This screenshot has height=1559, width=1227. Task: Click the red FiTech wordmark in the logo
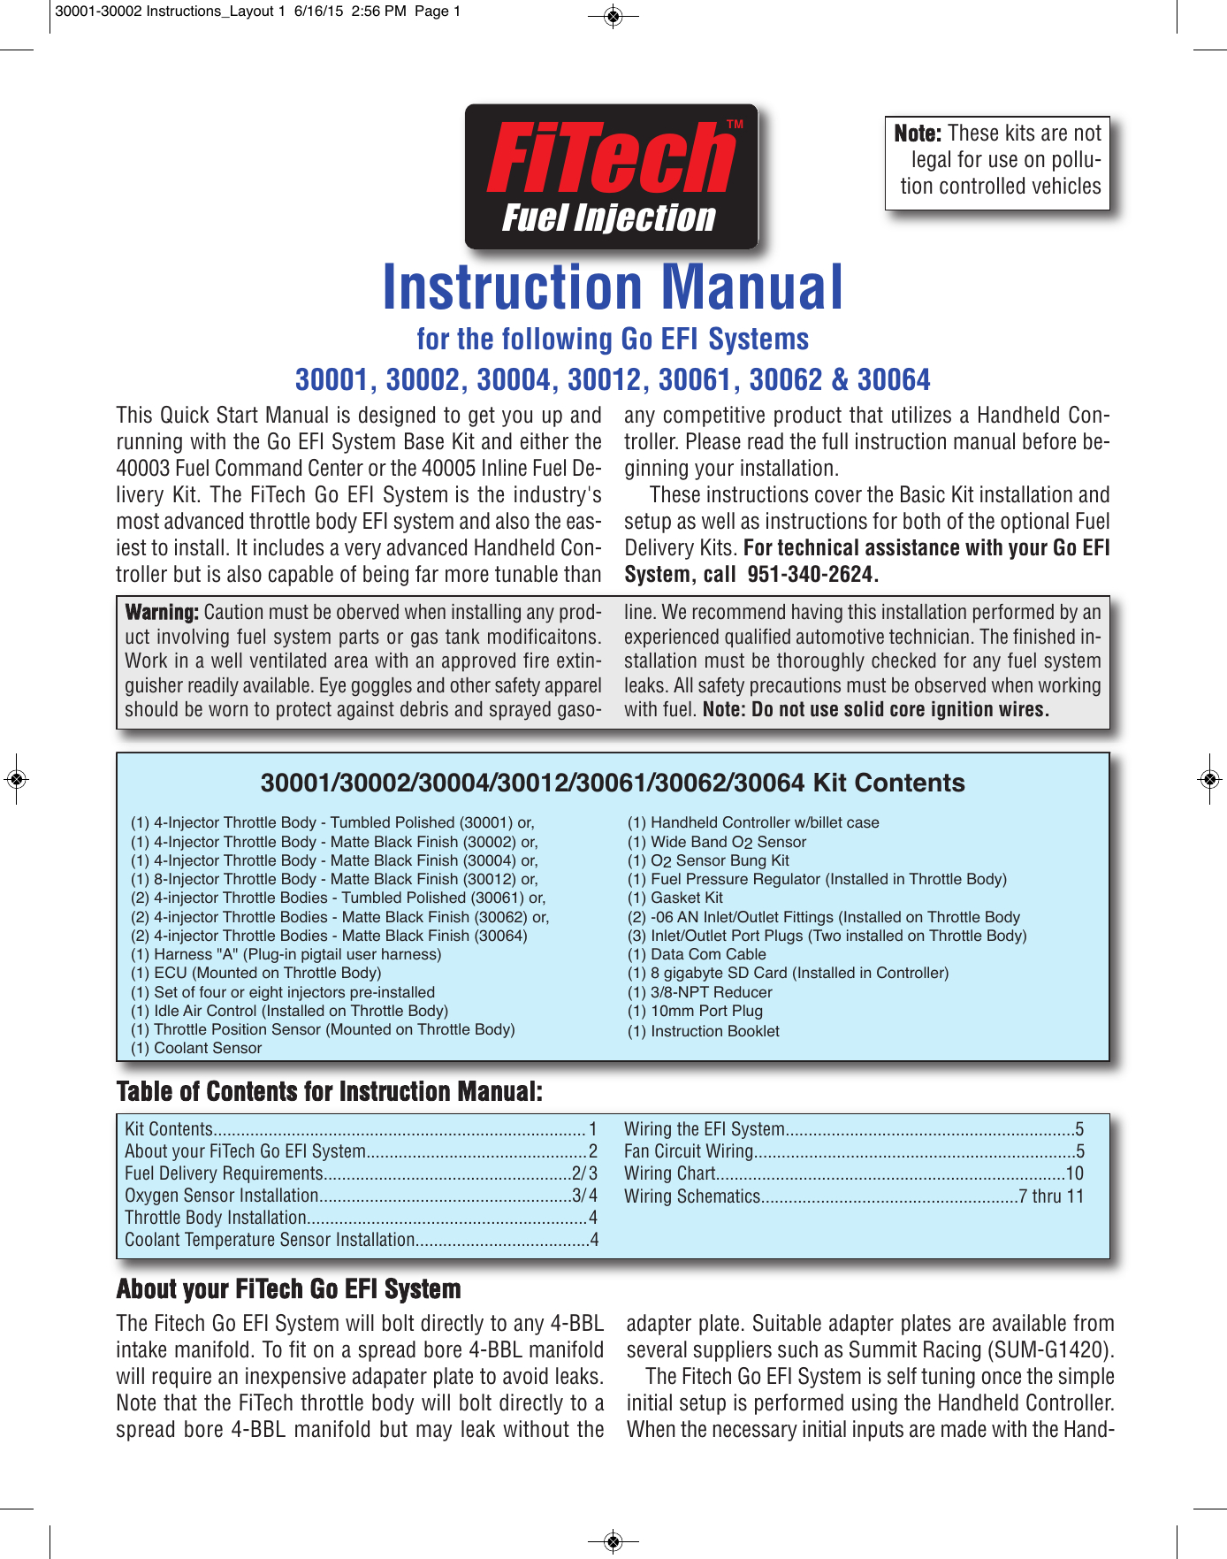click(610, 158)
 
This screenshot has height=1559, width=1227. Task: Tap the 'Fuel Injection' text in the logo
click(608, 218)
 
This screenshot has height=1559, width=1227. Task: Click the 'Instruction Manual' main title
click(613, 287)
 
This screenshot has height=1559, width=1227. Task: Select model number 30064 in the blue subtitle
click(894, 379)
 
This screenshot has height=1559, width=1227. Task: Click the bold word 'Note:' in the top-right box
click(918, 134)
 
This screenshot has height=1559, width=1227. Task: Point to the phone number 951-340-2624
click(811, 575)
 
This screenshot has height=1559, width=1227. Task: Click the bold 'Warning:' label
click(162, 612)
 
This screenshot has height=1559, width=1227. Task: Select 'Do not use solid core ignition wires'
click(900, 709)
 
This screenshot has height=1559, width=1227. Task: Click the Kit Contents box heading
click(613, 783)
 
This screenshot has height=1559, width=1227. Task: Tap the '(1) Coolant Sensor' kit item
click(196, 1048)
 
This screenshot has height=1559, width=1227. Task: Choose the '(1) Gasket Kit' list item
click(675, 898)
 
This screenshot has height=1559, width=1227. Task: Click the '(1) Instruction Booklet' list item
click(704, 1031)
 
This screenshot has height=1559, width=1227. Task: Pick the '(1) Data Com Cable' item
click(697, 954)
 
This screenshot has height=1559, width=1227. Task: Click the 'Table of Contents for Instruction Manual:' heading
click(329, 1092)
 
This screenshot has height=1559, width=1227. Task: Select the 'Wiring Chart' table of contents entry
click(670, 1173)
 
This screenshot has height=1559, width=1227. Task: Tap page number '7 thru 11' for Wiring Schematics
click(1051, 1196)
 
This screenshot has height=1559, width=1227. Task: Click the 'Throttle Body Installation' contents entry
click(215, 1218)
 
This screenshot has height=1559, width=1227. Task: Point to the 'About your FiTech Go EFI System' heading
click(288, 1289)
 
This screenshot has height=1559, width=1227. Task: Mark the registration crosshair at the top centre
click(613, 15)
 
